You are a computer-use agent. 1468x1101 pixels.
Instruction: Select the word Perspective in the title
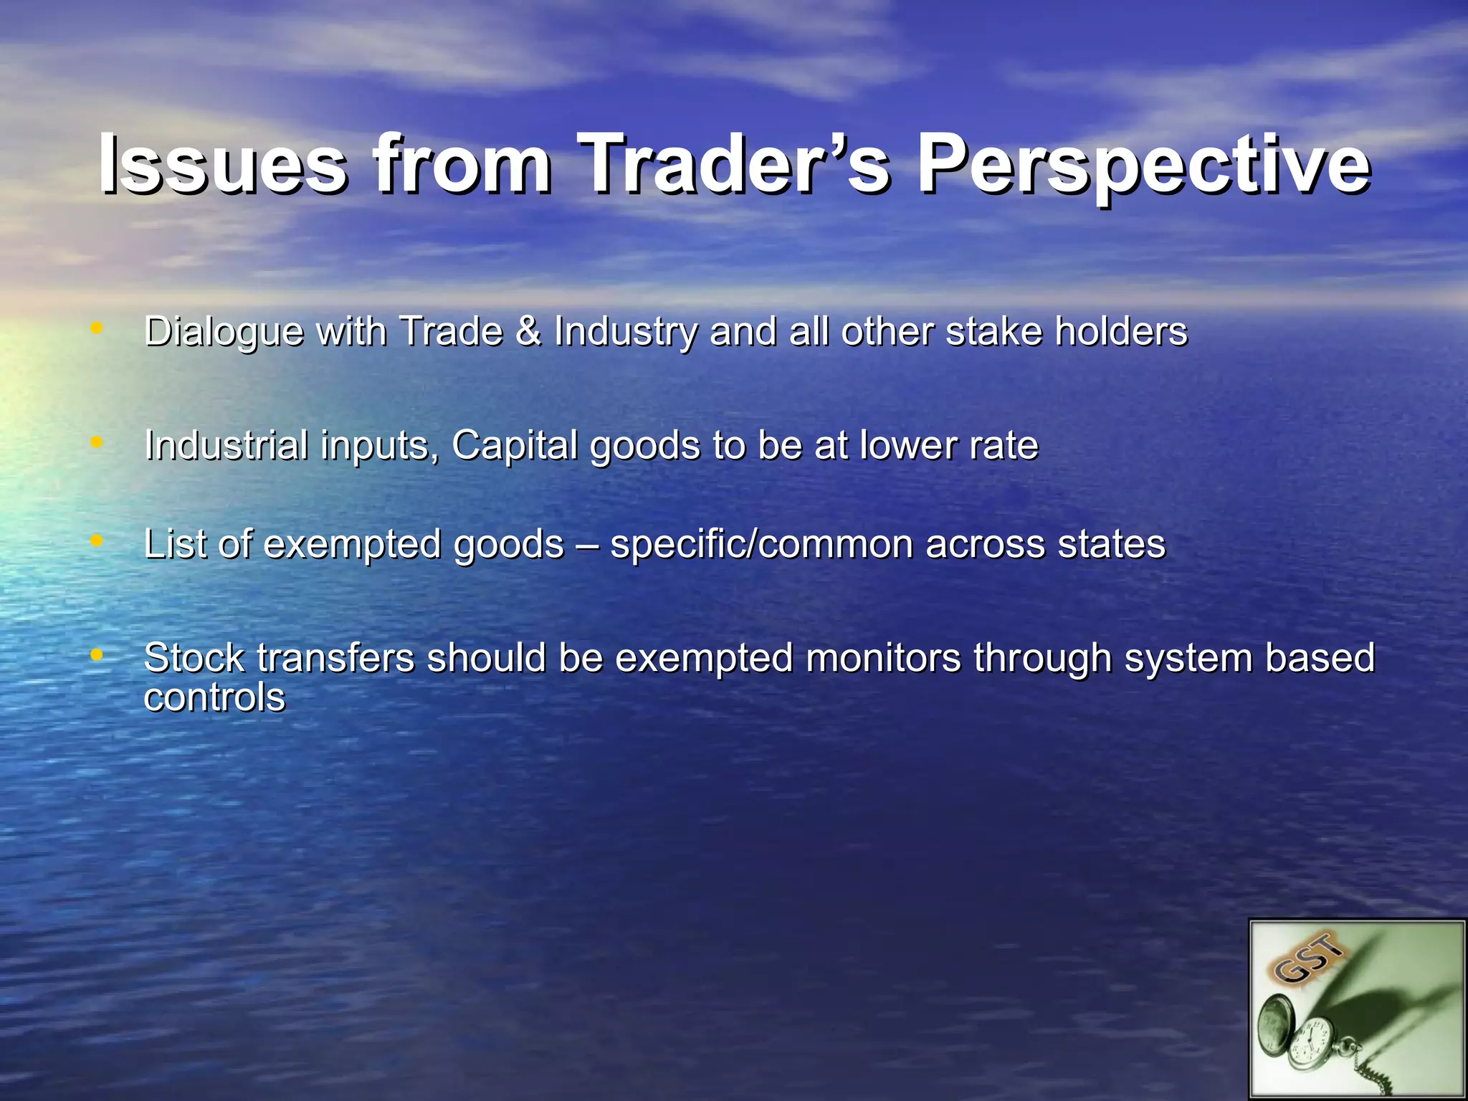1144,166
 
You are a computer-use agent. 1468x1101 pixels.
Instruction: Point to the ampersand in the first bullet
528,331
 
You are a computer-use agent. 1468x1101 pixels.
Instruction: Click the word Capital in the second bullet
515,445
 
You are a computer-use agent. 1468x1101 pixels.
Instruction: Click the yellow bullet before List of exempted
97,540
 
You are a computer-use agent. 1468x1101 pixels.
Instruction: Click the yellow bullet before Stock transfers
97,654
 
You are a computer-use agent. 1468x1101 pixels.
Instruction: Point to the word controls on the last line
214,697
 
